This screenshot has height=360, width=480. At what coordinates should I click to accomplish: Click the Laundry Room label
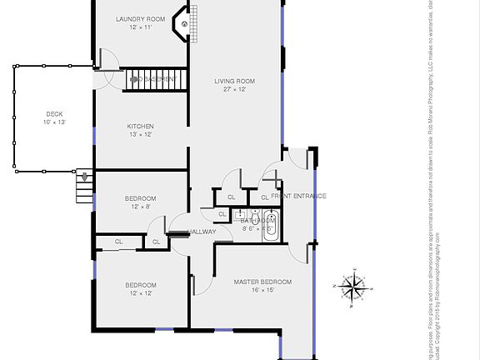[141, 18]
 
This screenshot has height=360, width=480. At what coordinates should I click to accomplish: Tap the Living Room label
[234, 81]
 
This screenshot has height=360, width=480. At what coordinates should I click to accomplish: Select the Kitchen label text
[141, 127]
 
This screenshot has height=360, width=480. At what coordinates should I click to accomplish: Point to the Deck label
[54, 114]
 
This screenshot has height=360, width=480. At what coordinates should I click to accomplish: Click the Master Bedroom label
[262, 282]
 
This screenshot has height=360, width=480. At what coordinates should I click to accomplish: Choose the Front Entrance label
[298, 196]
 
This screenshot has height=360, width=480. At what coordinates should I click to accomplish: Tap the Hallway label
[202, 232]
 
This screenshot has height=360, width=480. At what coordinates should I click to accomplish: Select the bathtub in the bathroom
[271, 226]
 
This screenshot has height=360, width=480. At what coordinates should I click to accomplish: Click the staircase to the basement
[155, 80]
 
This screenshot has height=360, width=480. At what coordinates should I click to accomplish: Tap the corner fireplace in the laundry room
[181, 24]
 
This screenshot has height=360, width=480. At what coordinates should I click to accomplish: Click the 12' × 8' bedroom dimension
[140, 207]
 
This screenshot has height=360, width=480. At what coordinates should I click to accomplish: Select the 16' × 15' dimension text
[262, 291]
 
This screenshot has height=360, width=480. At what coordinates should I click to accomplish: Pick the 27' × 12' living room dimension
[234, 89]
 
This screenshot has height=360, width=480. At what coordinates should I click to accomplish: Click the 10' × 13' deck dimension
[54, 122]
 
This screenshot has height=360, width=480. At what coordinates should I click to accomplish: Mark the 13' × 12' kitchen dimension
[141, 135]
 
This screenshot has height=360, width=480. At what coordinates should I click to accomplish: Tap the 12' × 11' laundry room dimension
[141, 27]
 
